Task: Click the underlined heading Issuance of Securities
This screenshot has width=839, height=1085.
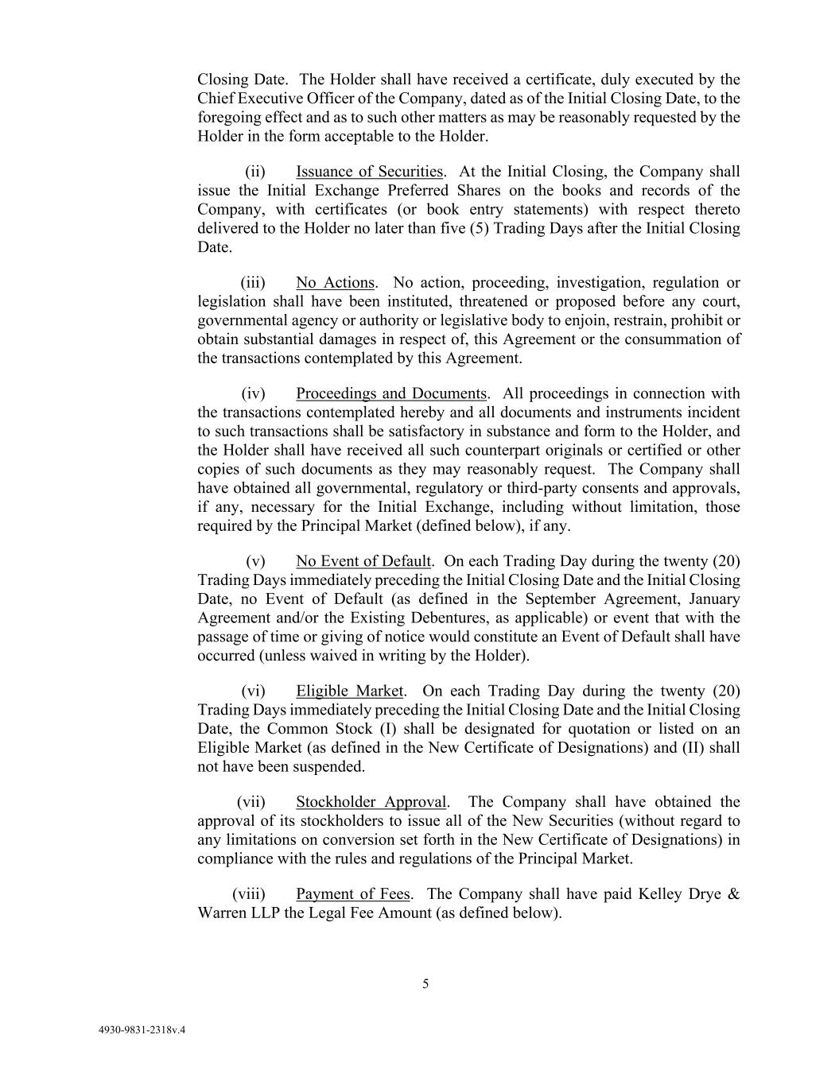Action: click(x=369, y=172)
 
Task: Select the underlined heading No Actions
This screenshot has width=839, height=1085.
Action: click(x=335, y=283)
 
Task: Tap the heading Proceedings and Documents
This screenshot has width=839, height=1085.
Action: click(x=390, y=394)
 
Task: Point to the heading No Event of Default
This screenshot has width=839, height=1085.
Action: click(x=363, y=561)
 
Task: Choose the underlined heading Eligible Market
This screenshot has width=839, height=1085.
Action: click(x=350, y=692)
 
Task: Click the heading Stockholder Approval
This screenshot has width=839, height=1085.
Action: click(x=371, y=802)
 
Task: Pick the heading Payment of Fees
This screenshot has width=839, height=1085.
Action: click(x=353, y=894)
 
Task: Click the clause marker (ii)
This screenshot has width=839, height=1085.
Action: click(x=255, y=172)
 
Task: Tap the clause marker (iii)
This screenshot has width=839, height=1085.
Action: click(x=253, y=283)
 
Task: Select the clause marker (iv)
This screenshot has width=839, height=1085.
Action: click(x=253, y=394)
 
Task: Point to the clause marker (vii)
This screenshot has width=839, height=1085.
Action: click(x=251, y=802)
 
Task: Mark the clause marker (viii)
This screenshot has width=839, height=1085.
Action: click(x=249, y=894)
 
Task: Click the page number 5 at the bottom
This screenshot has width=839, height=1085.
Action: click(x=425, y=984)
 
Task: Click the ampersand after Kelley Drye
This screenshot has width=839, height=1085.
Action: click(x=734, y=894)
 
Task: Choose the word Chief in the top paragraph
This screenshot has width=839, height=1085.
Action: click(x=213, y=99)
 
